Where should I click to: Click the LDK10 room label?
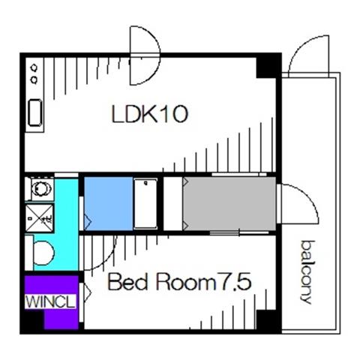tap(149, 114)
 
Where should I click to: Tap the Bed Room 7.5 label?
tap(179, 282)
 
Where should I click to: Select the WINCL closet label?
tap(50, 301)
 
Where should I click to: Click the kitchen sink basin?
tap(34, 112)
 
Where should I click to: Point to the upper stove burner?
tap(34, 67)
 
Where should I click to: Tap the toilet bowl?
tap(43, 253)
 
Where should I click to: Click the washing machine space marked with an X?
tap(40, 217)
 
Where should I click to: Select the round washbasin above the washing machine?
tap(42, 188)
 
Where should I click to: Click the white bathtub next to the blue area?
tap(145, 203)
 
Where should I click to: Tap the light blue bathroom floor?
tap(109, 203)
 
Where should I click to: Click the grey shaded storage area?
tap(229, 203)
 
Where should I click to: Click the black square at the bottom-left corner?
tap(33, 322)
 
